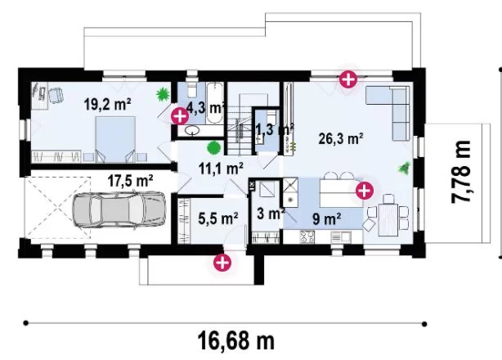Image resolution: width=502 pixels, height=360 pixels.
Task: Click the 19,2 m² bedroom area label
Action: tap(107, 105)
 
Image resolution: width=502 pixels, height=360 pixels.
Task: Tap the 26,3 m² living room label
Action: tap(341, 139)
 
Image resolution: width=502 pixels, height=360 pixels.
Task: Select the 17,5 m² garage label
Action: tap(130, 181)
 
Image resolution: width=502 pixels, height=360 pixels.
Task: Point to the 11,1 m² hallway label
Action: tap(221, 169)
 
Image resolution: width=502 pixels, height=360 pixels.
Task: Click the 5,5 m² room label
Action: tap(218, 218)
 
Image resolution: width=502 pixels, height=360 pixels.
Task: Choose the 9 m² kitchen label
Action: tap(326, 218)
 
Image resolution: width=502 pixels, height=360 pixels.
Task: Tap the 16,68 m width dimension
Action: tap(236, 341)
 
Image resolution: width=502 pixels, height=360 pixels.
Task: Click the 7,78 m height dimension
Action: tap(461, 172)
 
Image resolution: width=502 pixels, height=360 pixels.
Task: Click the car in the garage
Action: tap(119, 209)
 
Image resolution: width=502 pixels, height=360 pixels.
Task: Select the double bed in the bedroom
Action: tap(115, 140)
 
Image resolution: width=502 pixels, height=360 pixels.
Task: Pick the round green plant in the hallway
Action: tap(213, 147)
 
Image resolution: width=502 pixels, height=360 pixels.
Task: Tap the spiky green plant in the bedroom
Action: tap(163, 94)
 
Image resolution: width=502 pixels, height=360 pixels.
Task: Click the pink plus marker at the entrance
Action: tap(222, 263)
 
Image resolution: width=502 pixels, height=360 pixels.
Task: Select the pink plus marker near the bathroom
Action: tap(180, 116)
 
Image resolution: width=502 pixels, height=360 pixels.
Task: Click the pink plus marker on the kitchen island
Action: tap(365, 191)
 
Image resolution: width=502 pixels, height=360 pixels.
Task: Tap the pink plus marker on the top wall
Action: tap(348, 79)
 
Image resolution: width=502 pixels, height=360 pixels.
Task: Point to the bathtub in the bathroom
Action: tap(214, 103)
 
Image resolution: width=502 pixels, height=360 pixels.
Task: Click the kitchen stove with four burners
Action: tap(307, 237)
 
